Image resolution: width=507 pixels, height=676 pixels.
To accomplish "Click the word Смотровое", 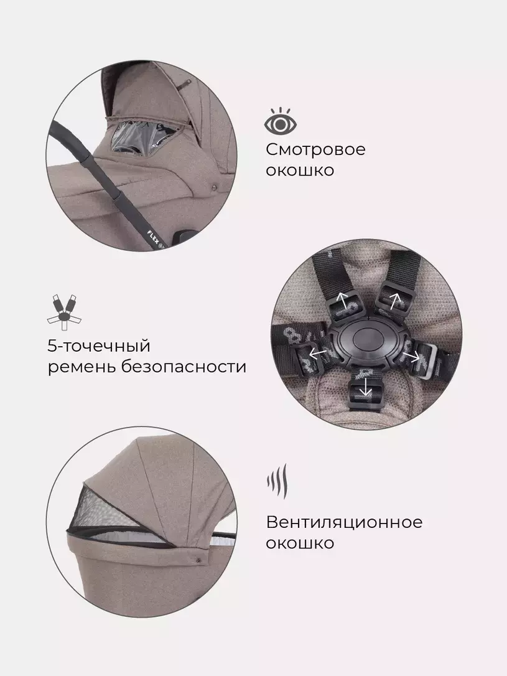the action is coord(316,149).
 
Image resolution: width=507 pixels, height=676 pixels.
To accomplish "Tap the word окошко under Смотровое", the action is coord(300,171).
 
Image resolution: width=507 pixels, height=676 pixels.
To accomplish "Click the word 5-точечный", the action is coord(99,346).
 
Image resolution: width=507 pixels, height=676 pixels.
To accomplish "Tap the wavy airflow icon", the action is coord(277,481).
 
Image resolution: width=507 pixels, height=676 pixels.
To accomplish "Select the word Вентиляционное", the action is coord(344,522).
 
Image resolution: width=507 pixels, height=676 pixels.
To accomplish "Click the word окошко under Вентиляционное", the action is coord(300,543).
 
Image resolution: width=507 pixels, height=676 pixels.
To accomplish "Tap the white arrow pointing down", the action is coord(366,387).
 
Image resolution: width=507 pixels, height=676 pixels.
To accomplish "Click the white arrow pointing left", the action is coord(318,354).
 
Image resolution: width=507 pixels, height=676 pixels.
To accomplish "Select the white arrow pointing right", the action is coord(412,355).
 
